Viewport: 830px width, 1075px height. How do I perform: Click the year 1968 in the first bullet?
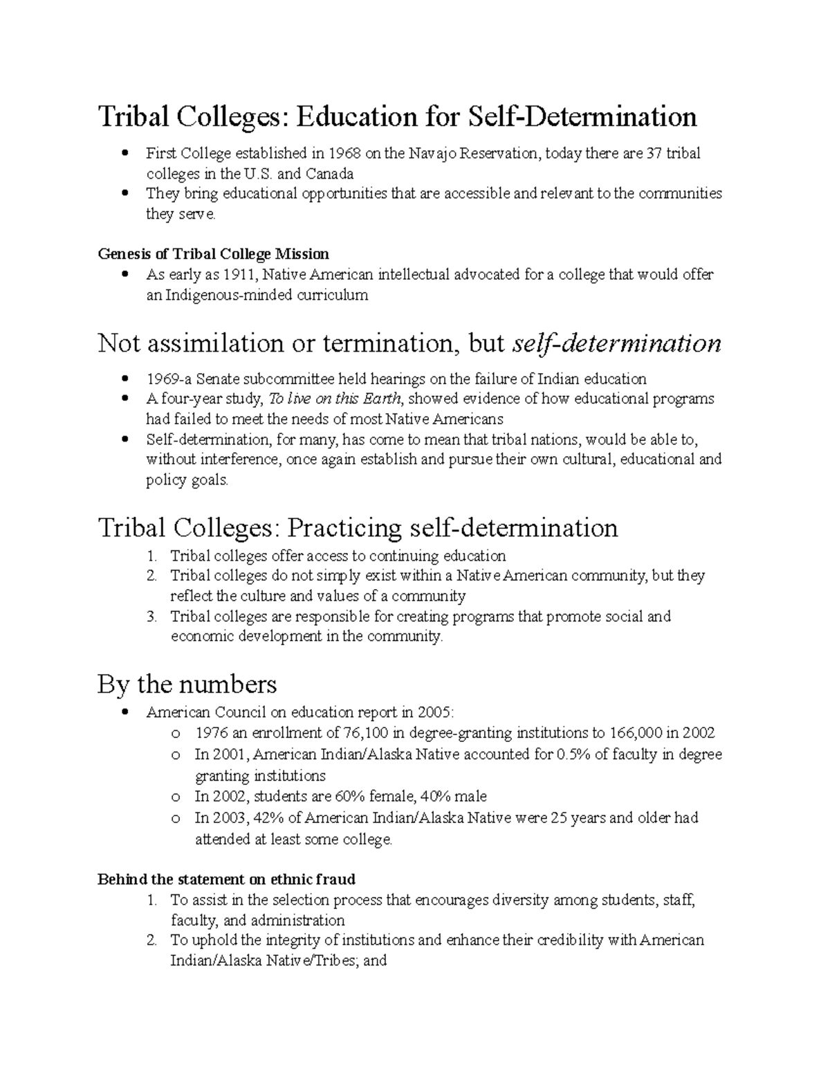(344, 153)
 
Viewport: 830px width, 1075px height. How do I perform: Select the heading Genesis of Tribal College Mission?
(213, 253)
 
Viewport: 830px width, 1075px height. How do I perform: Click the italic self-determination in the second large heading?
(616, 343)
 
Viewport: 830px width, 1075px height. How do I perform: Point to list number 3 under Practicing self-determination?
(153, 616)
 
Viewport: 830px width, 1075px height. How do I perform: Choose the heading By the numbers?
(187, 685)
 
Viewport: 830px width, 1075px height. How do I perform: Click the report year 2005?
(436, 712)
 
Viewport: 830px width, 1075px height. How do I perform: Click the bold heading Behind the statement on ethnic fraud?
(226, 879)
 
